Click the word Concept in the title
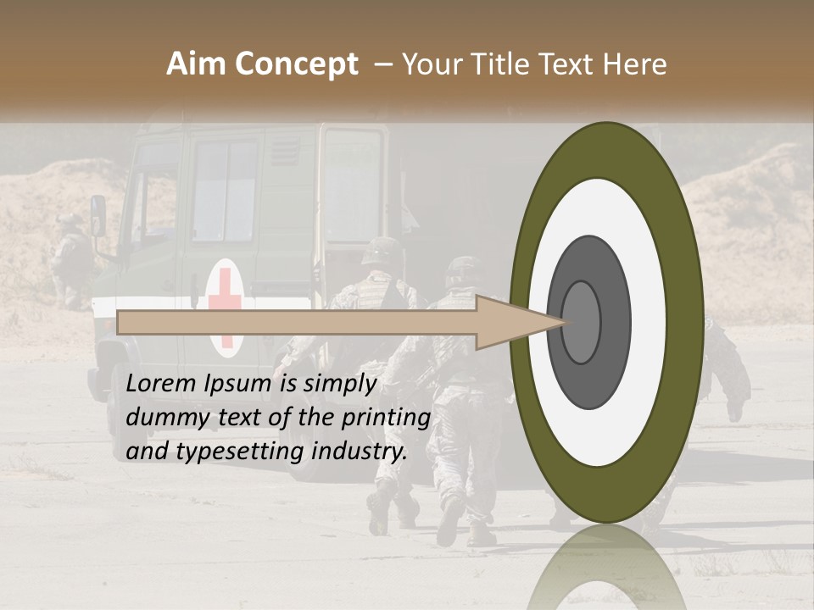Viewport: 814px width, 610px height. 296,64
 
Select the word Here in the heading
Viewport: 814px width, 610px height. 635,64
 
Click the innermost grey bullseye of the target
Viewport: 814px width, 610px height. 581,322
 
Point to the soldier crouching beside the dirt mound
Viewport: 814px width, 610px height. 70,258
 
